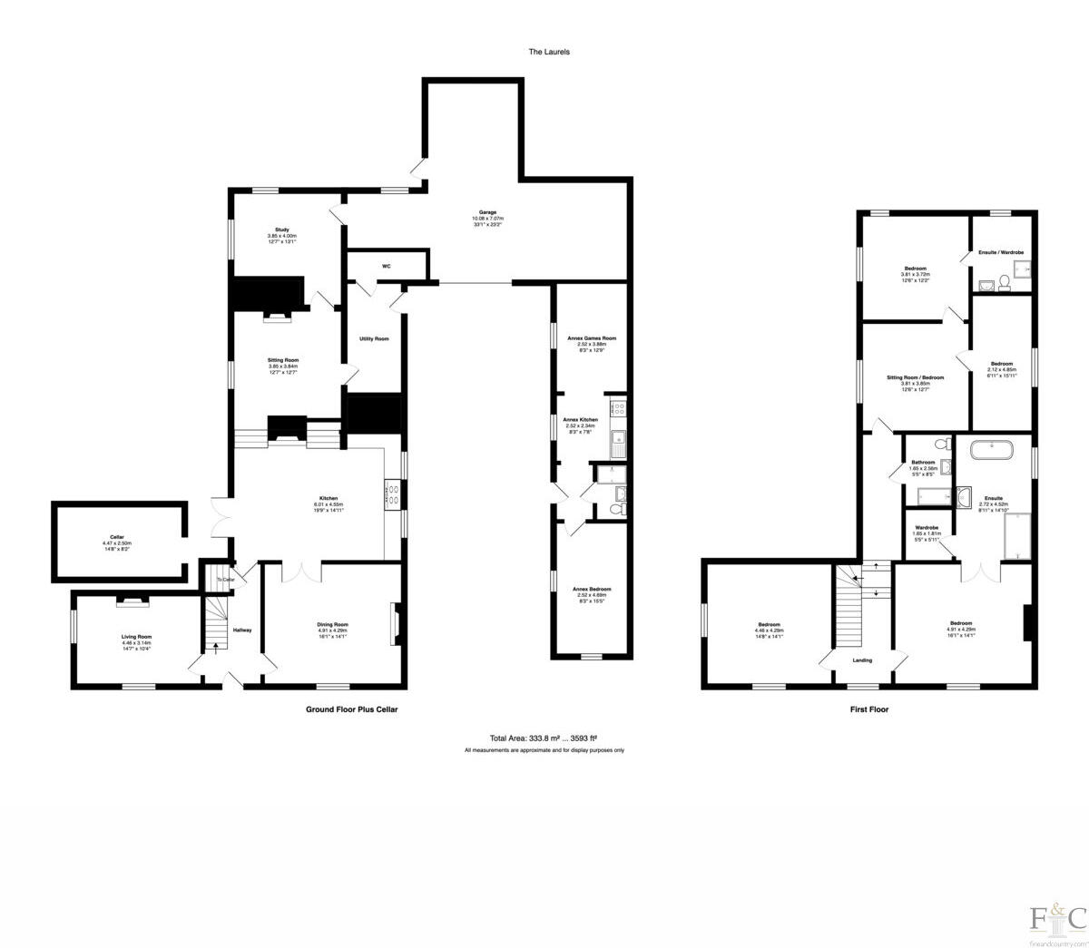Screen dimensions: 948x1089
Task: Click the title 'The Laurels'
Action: [x=549, y=52]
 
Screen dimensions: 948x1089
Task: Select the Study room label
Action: [x=282, y=229]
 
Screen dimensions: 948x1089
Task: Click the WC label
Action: [x=386, y=266]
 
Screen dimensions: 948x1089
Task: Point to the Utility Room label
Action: [x=374, y=338]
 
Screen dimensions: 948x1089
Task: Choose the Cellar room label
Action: [x=118, y=537]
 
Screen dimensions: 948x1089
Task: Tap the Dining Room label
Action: [x=332, y=624]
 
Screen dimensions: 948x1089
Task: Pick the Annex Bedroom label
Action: [x=591, y=589]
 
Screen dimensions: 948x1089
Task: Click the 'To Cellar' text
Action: [x=226, y=580]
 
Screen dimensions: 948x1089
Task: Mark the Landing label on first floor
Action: [x=862, y=660]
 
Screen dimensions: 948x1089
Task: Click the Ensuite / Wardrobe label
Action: [x=1002, y=251]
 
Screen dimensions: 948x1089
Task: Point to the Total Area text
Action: [x=543, y=738]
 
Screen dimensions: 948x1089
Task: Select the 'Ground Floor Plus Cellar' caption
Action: [x=351, y=709]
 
